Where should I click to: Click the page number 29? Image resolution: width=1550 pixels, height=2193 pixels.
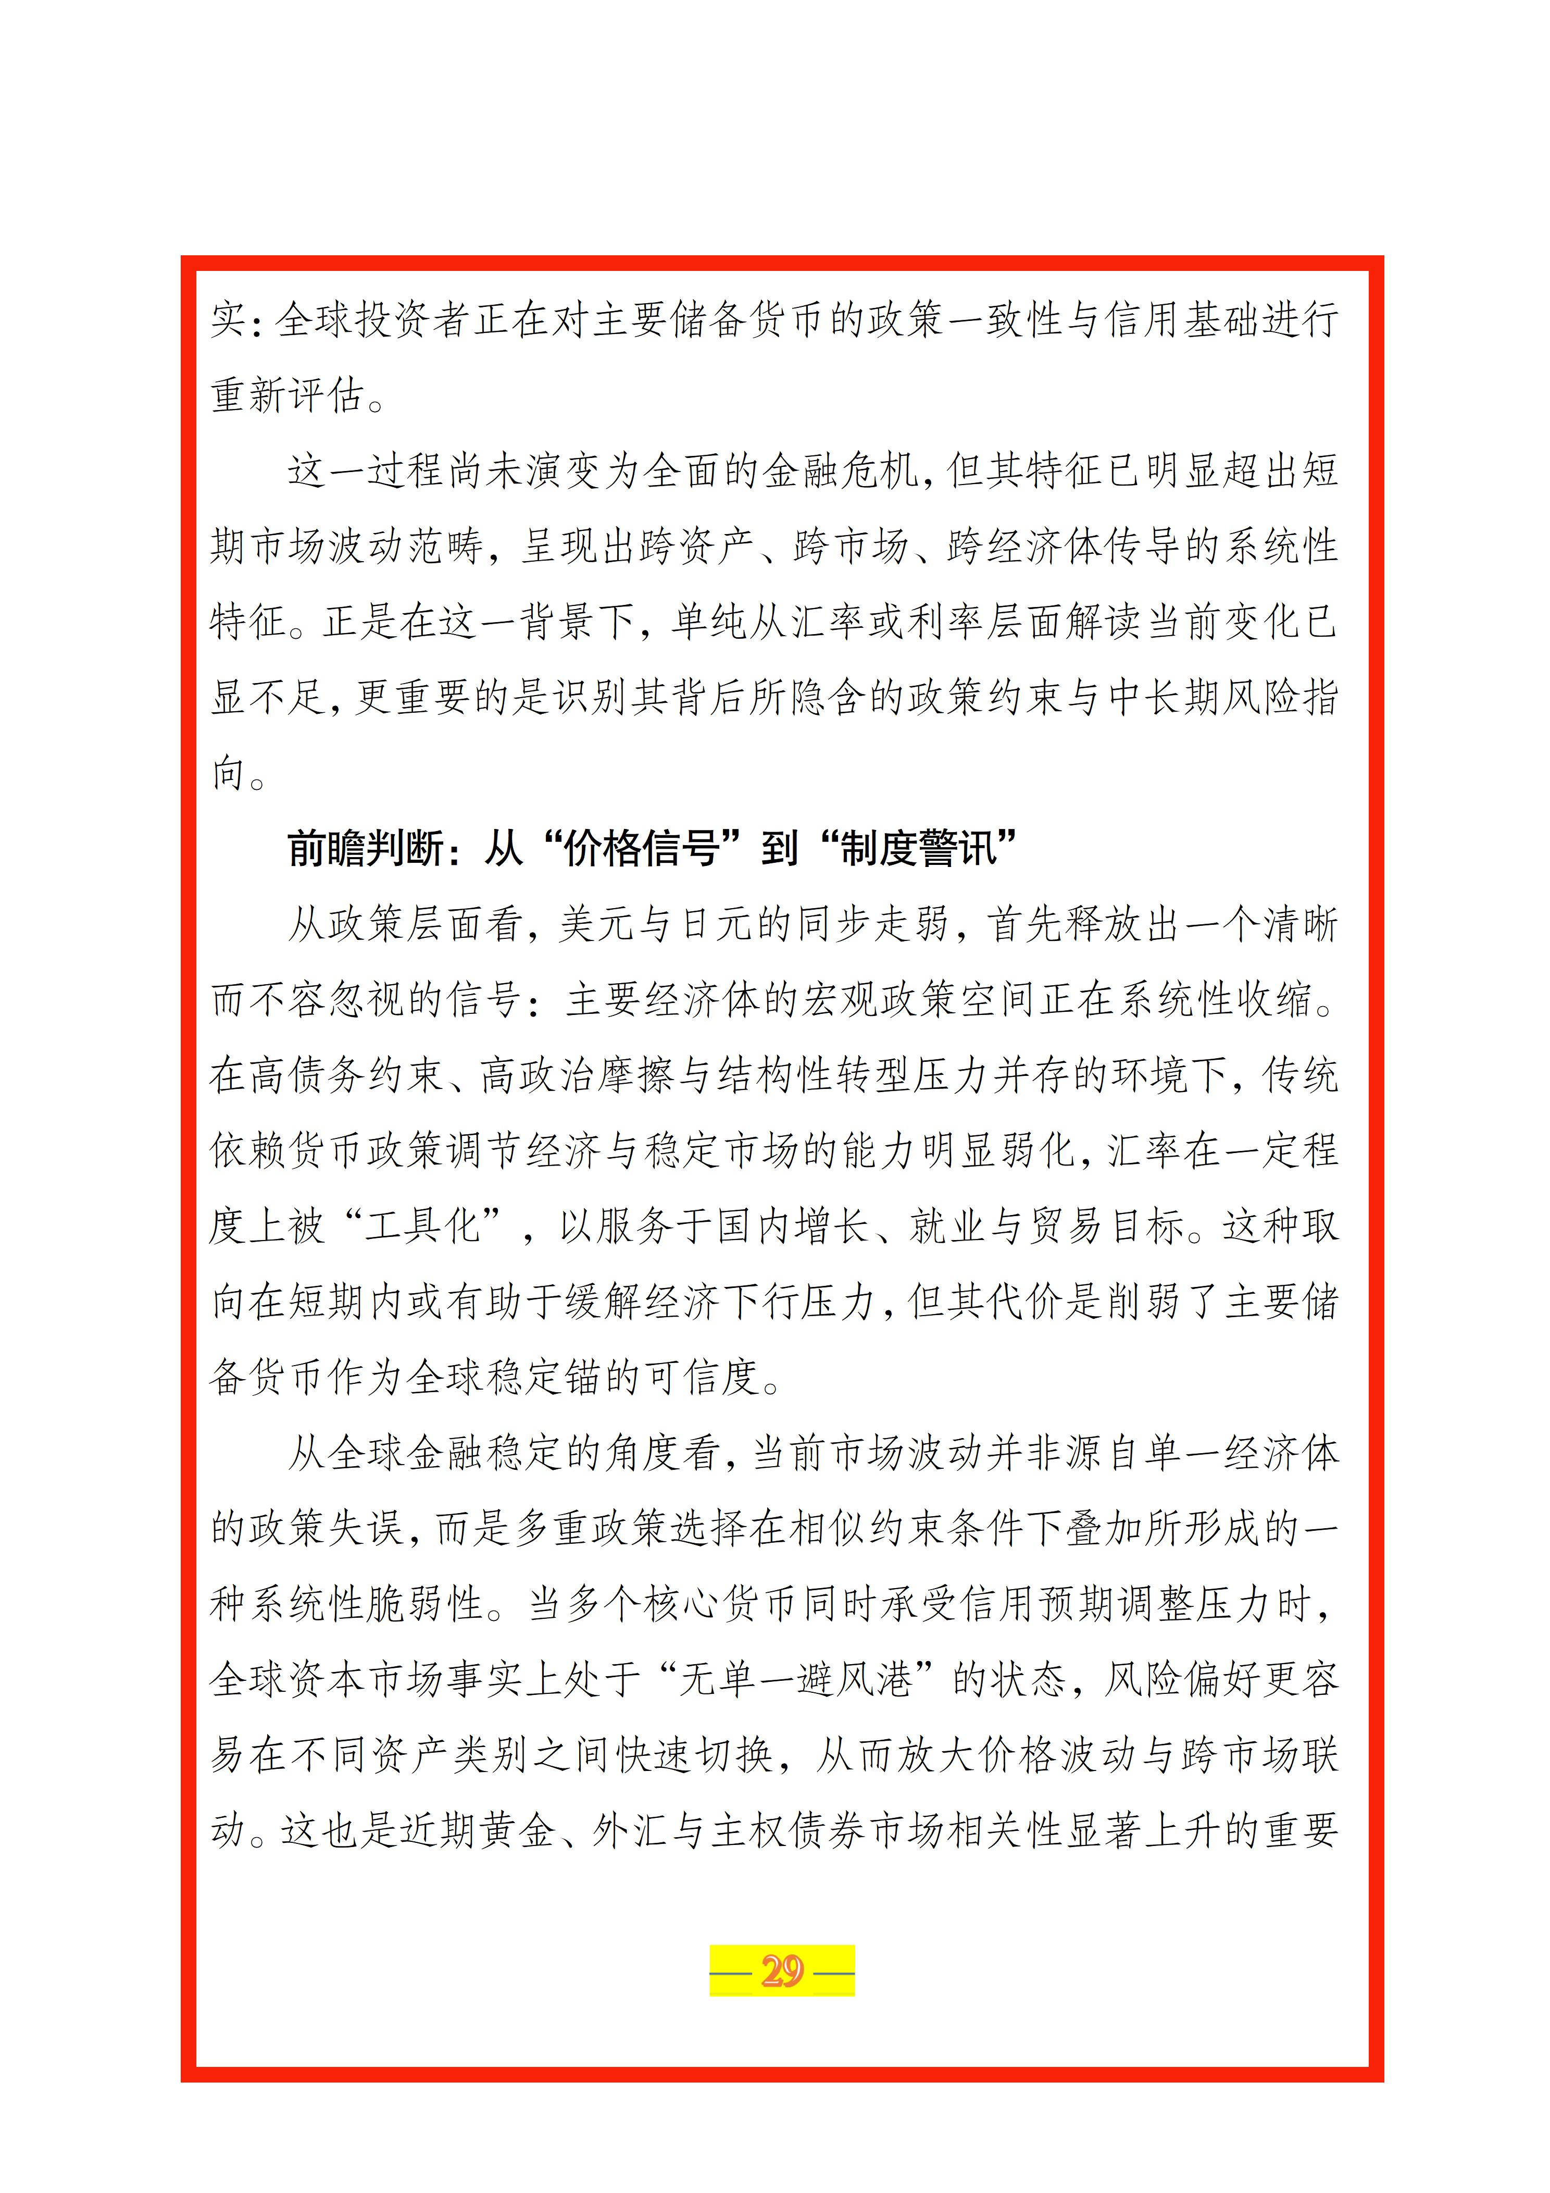pos(781,1971)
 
